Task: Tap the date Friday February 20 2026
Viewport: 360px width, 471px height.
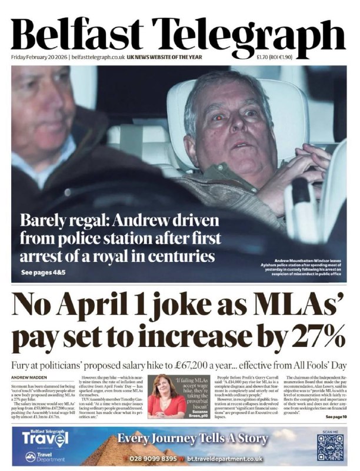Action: coord(39,57)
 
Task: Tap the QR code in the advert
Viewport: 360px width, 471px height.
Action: coord(329,447)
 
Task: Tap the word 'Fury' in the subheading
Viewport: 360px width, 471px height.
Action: coord(22,363)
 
